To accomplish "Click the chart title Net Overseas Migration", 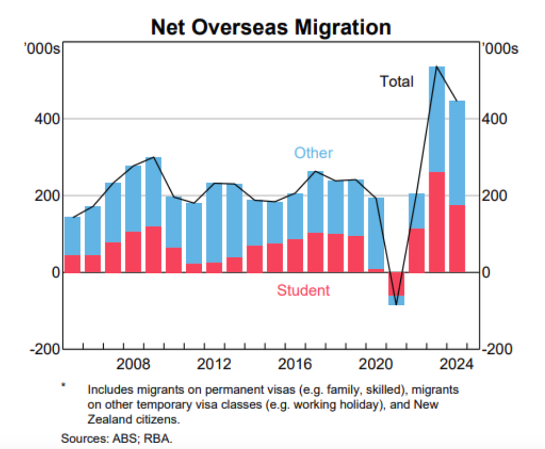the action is tap(271, 27).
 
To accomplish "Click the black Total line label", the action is tap(397, 81).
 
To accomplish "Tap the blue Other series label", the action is tap(313, 153).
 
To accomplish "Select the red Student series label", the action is tap(303, 290).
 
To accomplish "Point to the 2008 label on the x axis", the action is tap(133, 364).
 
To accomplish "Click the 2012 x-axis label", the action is tap(214, 364).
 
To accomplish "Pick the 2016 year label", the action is tap(295, 364).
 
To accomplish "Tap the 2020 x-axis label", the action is tap(375, 364).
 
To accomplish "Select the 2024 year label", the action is tap(456, 364).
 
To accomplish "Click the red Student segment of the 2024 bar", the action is tap(457, 239).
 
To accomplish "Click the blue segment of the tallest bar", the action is tap(437, 119).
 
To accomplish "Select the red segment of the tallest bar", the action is tap(437, 222).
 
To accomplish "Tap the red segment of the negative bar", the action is tap(396, 284).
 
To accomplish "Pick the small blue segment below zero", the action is tap(396, 301).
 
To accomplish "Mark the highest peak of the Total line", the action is tap(437, 66).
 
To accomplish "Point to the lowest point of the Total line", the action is tap(396, 305).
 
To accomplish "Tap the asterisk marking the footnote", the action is tap(63, 385).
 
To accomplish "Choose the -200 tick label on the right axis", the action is tap(498, 349).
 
